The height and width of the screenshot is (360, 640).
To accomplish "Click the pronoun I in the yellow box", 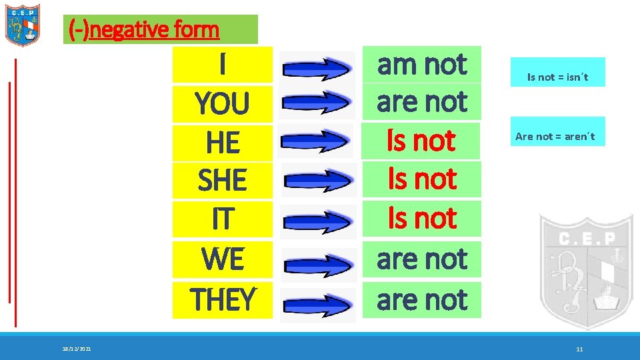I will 222,65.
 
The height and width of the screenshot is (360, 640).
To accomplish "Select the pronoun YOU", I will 222,104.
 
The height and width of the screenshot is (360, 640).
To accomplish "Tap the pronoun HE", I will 222,143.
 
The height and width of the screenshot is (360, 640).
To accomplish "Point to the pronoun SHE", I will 222,181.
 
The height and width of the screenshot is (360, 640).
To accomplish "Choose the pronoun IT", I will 222,219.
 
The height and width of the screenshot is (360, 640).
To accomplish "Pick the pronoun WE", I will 222,259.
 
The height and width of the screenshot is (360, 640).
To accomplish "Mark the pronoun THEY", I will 222,299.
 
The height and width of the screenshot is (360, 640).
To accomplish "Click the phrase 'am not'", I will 421,65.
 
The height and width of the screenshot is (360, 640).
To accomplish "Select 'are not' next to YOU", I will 421,102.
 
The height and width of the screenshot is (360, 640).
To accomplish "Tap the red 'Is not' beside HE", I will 421,141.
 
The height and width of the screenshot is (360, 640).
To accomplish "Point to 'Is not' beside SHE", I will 421,179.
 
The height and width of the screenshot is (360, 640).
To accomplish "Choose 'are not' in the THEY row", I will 421,300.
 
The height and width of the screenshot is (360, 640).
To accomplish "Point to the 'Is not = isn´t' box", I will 557,77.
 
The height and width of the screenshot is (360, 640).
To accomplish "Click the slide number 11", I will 579,349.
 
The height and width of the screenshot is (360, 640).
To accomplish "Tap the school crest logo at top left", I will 23,25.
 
